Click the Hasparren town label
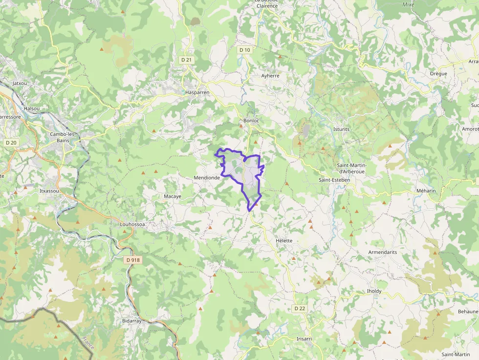click(x=197, y=92)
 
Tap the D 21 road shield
click(x=186, y=60)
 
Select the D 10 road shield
click(x=245, y=50)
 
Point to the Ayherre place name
click(x=270, y=76)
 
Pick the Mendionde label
click(x=207, y=178)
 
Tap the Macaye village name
click(x=172, y=196)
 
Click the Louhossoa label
click(x=133, y=225)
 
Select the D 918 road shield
click(x=132, y=260)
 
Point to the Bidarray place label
click(x=131, y=321)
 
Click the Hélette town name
click(x=284, y=241)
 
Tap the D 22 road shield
click(x=300, y=308)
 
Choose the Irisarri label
click(x=304, y=339)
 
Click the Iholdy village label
click(x=374, y=291)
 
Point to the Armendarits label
click(x=383, y=252)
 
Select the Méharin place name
click(x=412, y=190)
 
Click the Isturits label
click(x=342, y=129)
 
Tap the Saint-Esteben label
click(x=334, y=180)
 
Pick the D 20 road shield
click(x=10, y=142)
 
